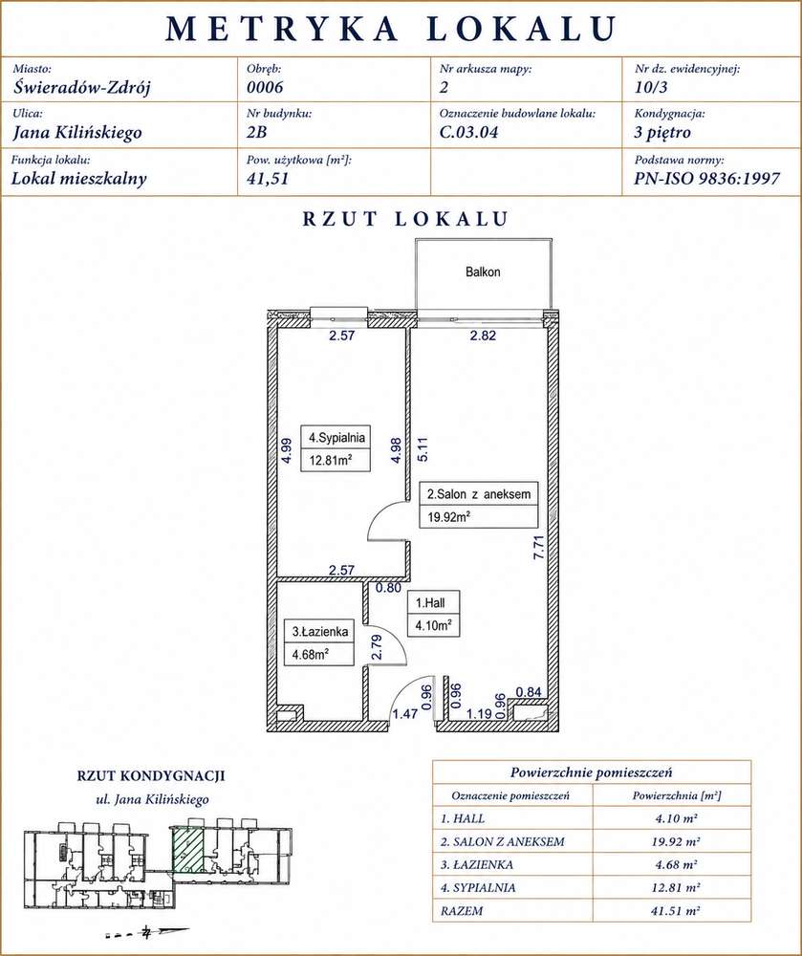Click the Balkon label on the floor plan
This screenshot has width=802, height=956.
pos(483,272)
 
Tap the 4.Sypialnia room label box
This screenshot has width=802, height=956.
pos(336,447)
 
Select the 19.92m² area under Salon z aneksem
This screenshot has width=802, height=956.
pos(448,517)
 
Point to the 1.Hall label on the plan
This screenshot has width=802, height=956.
pos(430,603)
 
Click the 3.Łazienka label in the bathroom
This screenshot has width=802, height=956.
pos(320,632)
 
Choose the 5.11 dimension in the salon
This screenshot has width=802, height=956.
pos(423,449)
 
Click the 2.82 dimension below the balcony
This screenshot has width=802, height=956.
pos(483,335)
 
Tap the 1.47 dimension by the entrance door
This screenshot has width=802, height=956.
pos(404,713)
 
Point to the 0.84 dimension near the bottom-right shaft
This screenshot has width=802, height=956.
pos(529,691)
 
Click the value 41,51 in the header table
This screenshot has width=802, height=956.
pos(268,178)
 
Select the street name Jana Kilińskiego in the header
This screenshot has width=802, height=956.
pos(76,132)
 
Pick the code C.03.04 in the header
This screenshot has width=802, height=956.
pos(468,132)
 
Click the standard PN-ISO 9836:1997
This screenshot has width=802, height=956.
pos(707,178)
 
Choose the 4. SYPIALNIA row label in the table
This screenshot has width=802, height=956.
pos(478,888)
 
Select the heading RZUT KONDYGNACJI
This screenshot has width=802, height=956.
pos(151,776)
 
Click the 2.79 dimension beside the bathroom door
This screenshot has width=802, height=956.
pos(378,647)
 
